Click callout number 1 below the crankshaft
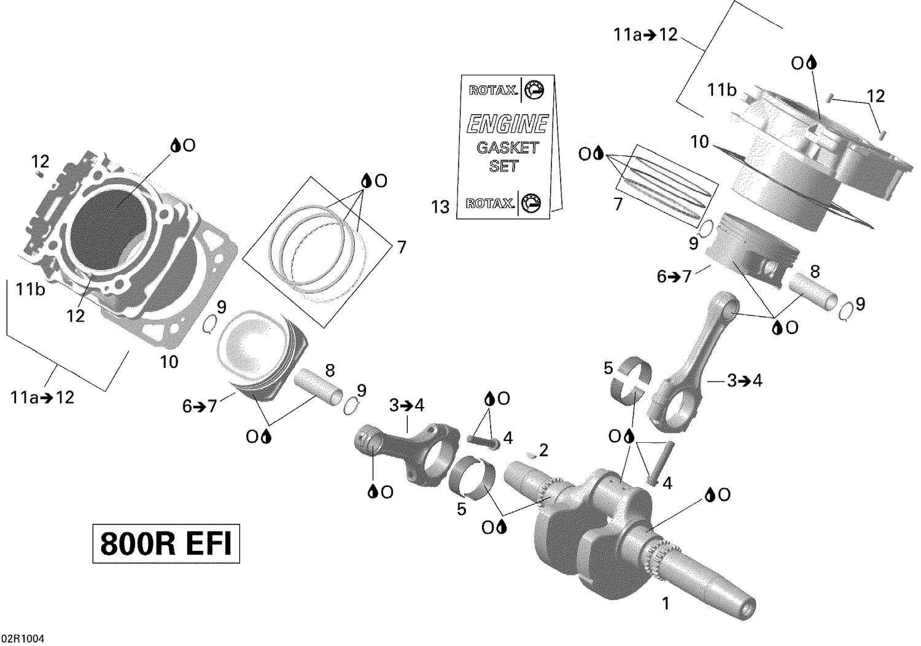(x=665, y=604)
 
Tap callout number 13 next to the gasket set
(x=440, y=208)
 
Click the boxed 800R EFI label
(x=166, y=543)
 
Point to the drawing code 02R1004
(x=22, y=639)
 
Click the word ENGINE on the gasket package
(x=507, y=125)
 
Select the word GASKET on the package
(x=507, y=148)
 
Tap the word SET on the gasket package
(x=503, y=166)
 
